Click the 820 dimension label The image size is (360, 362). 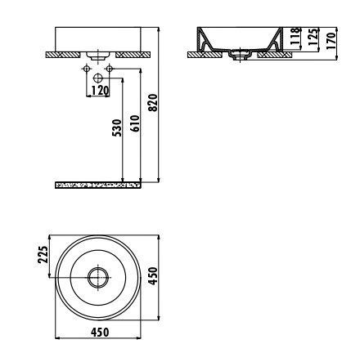(154, 103)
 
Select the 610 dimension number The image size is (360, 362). (136, 123)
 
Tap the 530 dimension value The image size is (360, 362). (117, 127)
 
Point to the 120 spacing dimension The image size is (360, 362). (100, 91)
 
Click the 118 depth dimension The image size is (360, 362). (295, 36)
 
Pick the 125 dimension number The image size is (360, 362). (313, 37)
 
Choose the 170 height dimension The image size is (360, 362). (331, 40)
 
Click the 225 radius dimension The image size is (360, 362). (43, 254)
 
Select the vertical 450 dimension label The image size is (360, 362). (153, 276)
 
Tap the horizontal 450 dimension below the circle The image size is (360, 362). (100, 333)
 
